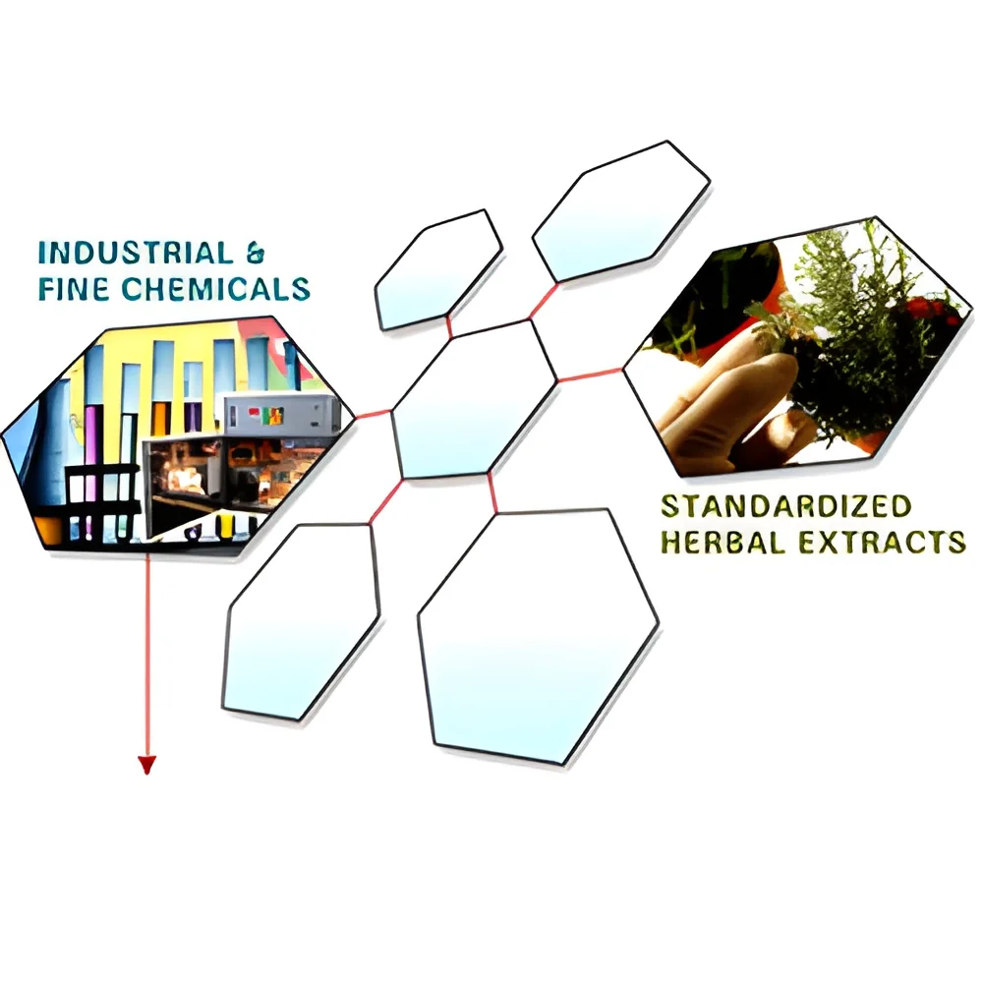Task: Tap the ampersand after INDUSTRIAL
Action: click(x=256, y=254)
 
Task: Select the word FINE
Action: click(x=74, y=289)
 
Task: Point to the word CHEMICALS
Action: click(x=216, y=289)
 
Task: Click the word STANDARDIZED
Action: click(x=786, y=506)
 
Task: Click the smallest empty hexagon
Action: click(x=438, y=270)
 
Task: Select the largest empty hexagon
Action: click(x=538, y=637)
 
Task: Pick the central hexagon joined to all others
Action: click(x=474, y=399)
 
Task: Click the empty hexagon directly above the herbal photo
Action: click(x=620, y=212)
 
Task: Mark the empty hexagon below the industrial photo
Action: click(x=301, y=621)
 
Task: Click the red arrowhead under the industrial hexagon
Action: click(x=146, y=766)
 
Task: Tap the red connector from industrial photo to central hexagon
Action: click(x=373, y=414)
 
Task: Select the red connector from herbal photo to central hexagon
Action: click(x=590, y=375)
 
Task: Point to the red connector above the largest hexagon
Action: click(x=492, y=492)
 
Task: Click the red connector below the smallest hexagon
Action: click(x=449, y=326)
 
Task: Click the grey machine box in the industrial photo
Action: click(x=282, y=414)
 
